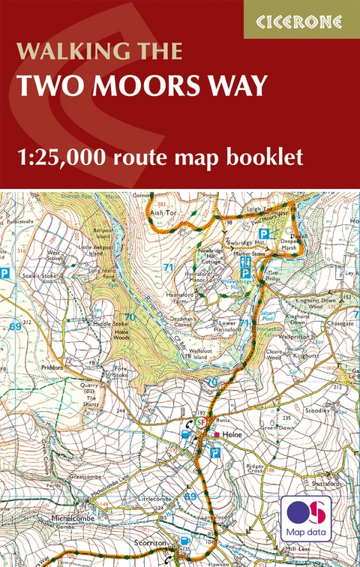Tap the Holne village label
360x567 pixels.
[x=230, y=434]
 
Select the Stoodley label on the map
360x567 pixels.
[x=317, y=411]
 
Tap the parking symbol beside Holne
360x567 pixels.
[x=215, y=452]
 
